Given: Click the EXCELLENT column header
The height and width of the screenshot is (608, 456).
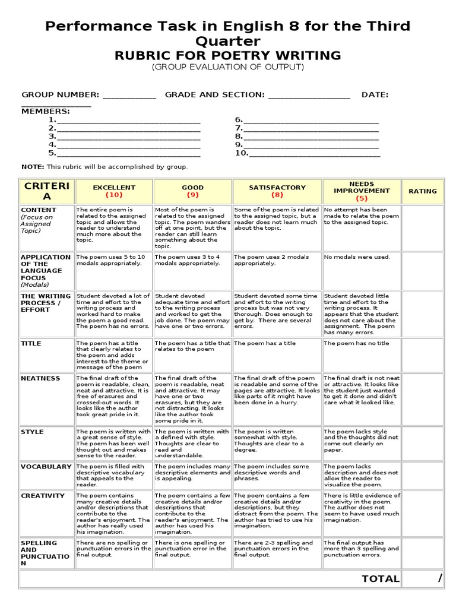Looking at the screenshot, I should click(x=114, y=188).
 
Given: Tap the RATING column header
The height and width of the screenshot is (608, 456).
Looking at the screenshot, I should click(x=423, y=191).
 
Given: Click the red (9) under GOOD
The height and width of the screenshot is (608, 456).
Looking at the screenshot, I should click(x=192, y=195).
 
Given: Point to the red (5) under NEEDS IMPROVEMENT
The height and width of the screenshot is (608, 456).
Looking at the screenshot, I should click(x=362, y=198).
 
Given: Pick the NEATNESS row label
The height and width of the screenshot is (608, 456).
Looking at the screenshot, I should click(x=40, y=378).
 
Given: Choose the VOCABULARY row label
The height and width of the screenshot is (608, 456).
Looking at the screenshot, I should click(x=46, y=467).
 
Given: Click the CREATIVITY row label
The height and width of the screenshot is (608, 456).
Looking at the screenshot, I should click(x=43, y=496).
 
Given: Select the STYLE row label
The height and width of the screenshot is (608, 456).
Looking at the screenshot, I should click(x=32, y=432).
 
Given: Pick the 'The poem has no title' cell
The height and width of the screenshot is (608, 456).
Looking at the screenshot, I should click(x=357, y=343).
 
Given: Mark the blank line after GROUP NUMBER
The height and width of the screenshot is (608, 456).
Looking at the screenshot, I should click(x=129, y=96).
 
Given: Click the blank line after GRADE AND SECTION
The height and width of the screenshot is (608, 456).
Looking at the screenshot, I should click(x=309, y=96).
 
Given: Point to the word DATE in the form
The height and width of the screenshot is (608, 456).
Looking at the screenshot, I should click(x=375, y=94).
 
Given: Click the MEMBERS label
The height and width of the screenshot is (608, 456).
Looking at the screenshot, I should click(x=46, y=111).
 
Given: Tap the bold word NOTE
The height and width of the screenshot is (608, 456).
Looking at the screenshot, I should click(x=32, y=167).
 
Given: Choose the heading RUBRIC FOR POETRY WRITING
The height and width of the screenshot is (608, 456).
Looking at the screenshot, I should click(x=227, y=56).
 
